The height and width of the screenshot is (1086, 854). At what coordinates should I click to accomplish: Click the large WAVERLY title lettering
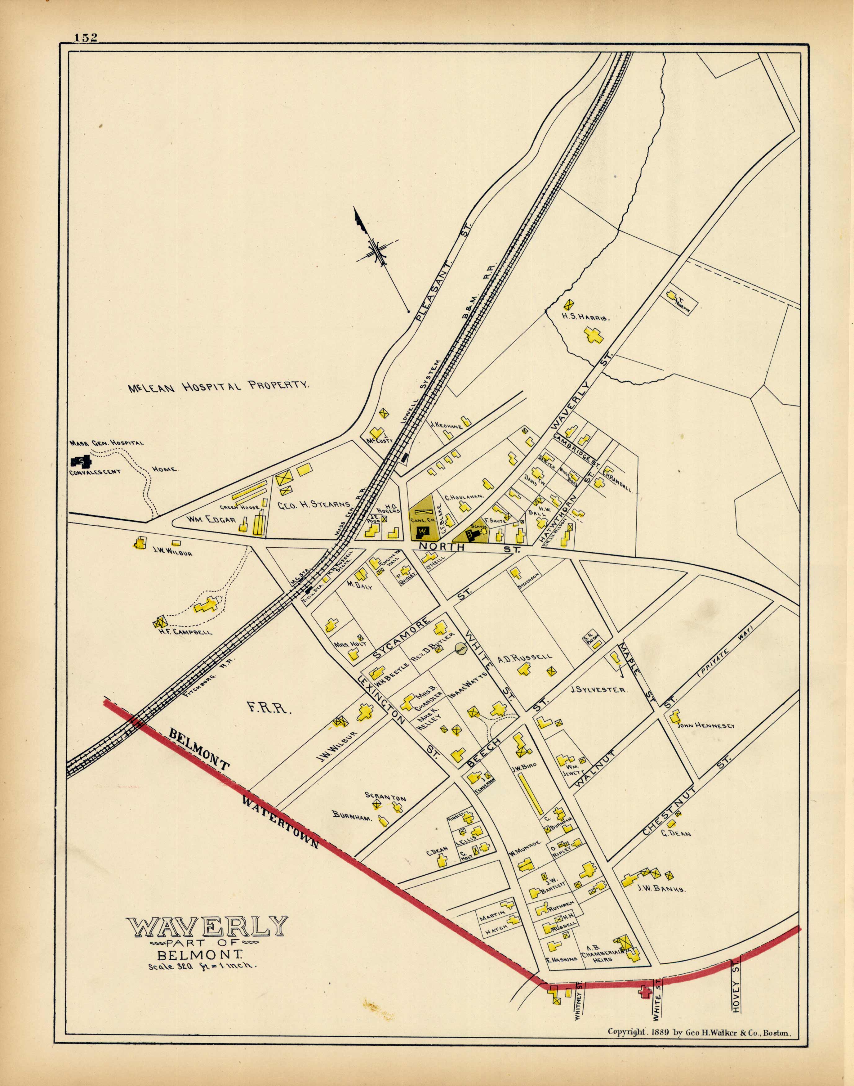point(207,927)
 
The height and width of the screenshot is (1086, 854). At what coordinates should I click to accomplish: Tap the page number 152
point(86,38)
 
